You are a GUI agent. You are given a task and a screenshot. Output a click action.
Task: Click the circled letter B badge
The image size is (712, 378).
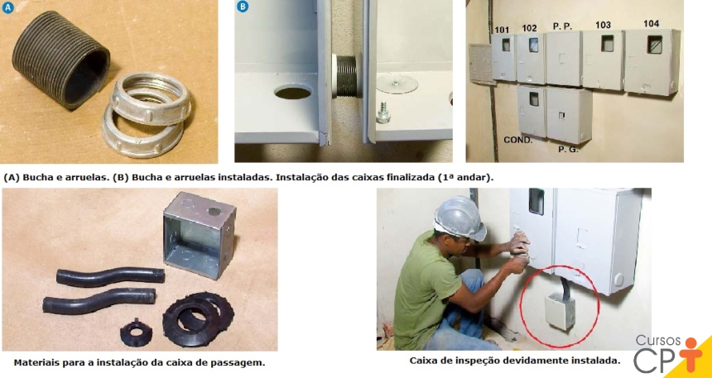click(243, 7)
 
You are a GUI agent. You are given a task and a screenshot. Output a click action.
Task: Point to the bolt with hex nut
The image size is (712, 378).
click(383, 111)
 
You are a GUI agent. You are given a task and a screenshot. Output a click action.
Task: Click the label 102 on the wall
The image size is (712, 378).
click(529, 27)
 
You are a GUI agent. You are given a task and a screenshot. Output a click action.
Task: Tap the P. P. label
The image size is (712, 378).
click(563, 26)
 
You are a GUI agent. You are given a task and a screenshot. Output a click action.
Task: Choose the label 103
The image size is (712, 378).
click(603, 25)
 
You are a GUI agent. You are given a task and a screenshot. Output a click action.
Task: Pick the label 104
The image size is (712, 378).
click(652, 23)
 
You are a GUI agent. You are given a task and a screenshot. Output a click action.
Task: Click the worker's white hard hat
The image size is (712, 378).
click(459, 217)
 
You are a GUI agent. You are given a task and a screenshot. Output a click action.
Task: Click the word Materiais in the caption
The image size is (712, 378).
click(39, 362)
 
